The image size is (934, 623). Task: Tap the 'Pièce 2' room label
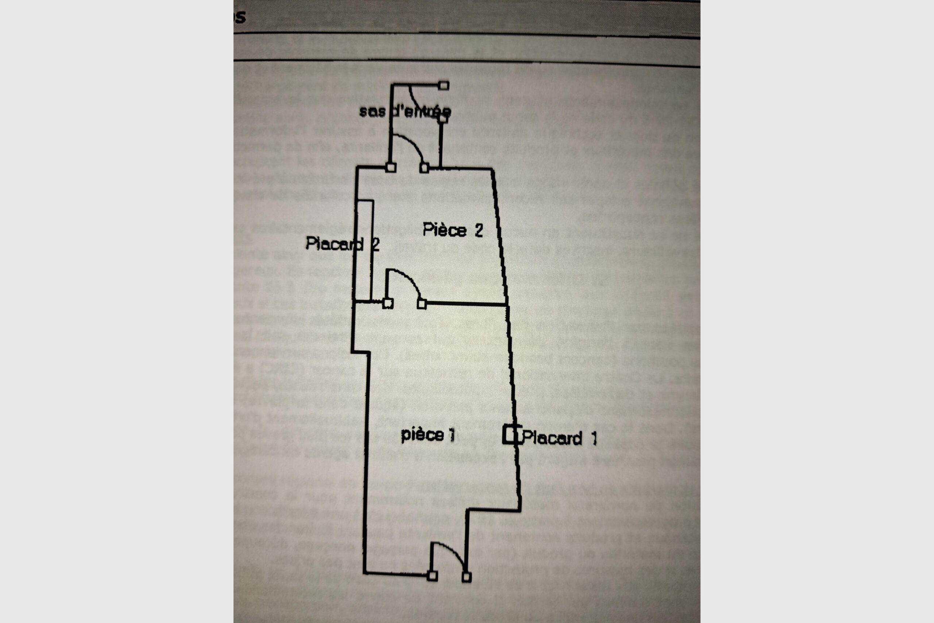tap(452, 230)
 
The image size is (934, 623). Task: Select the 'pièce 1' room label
tap(428, 435)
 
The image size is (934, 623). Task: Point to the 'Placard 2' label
tap(342, 243)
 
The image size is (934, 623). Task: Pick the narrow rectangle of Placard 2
tap(364, 250)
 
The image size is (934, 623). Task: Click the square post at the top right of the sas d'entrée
tap(444, 85)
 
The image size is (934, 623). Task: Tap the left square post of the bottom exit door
tap(432, 575)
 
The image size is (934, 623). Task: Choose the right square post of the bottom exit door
tap(467, 577)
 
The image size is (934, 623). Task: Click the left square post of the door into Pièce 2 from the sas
tap(391, 167)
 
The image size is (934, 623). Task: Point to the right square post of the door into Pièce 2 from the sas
tap(424, 168)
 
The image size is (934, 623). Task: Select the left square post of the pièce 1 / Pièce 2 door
tap(388, 304)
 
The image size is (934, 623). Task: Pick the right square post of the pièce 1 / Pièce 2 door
tap(422, 304)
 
